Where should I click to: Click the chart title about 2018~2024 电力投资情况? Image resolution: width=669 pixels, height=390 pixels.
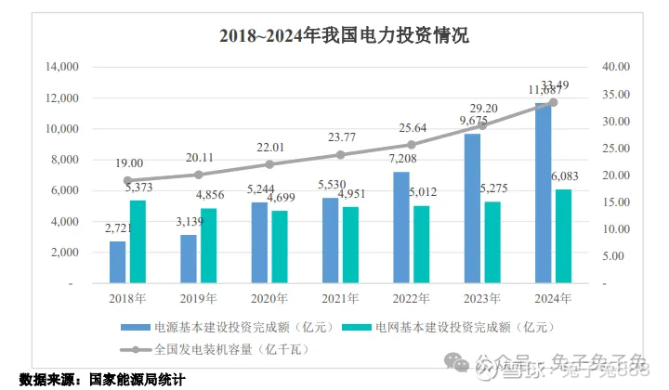click(x=344, y=36)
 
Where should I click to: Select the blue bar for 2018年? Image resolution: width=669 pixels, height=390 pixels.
click(x=118, y=262)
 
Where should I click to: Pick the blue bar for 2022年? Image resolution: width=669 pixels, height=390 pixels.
click(x=400, y=227)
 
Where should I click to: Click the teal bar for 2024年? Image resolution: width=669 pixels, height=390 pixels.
click(x=562, y=236)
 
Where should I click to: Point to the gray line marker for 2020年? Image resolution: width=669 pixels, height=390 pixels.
click(x=269, y=164)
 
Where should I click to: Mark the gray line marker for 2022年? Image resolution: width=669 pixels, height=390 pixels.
click(x=411, y=145)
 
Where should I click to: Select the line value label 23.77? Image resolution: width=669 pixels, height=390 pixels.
click(x=339, y=138)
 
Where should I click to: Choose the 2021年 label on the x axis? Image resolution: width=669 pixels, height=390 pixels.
click(x=339, y=298)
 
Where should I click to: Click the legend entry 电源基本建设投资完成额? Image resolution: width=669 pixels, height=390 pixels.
click(x=224, y=328)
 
